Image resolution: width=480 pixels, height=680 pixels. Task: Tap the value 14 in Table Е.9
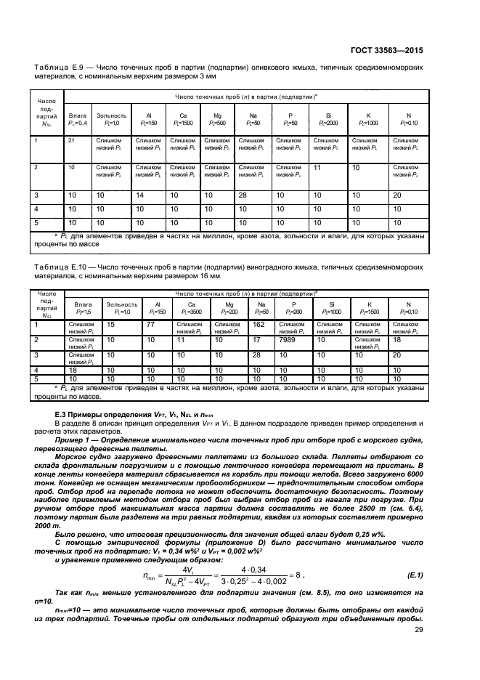(x=141, y=195)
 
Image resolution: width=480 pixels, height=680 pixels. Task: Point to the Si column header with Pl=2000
(x=328, y=119)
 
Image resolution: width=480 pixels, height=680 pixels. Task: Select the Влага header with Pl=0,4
(x=78, y=119)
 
